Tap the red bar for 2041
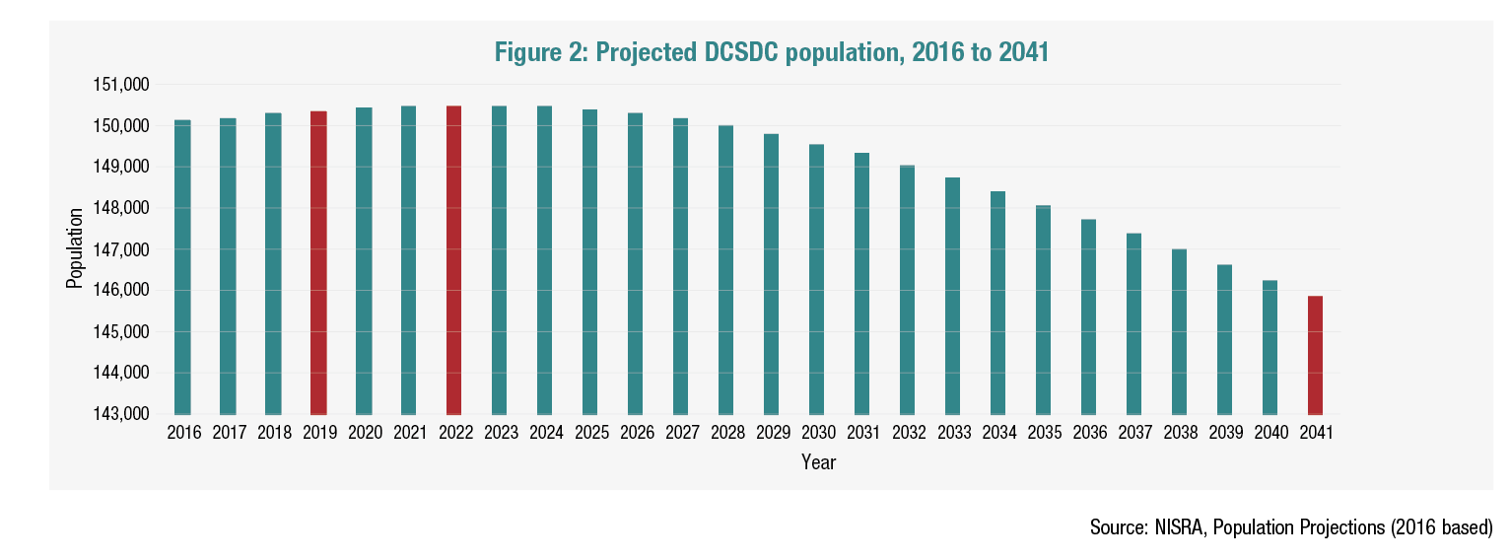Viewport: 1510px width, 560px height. (x=1315, y=355)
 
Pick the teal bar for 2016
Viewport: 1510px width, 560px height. (x=182, y=267)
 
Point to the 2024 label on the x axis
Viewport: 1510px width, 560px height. (x=545, y=433)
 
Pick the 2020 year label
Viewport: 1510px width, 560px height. (x=365, y=433)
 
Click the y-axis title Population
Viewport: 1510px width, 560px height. (x=74, y=248)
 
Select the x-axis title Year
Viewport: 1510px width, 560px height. (x=818, y=461)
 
